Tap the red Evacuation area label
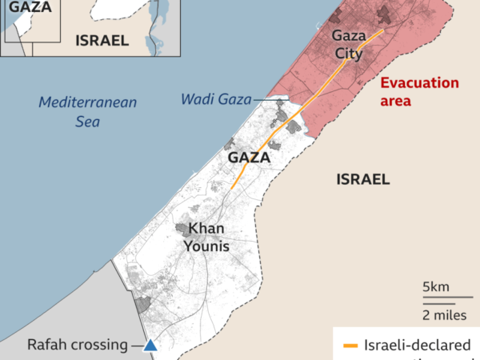coord(419,92)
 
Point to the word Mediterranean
coord(88,102)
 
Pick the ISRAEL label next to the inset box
coord(102,41)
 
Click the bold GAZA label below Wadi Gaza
coord(249,158)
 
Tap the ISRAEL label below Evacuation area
coord(362,179)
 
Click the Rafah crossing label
coord(78,345)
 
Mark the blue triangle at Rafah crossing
coord(150,346)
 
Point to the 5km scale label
coord(437,287)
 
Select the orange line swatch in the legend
coord(350,346)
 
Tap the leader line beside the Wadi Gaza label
coord(263,100)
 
